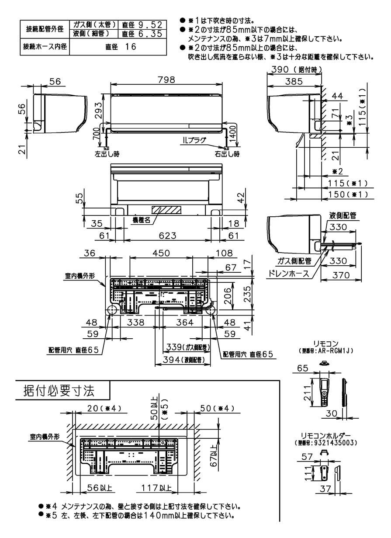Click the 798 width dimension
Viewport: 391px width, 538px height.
click(166, 80)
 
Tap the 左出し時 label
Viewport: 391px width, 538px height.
click(107, 154)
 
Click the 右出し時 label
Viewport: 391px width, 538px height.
click(227, 154)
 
